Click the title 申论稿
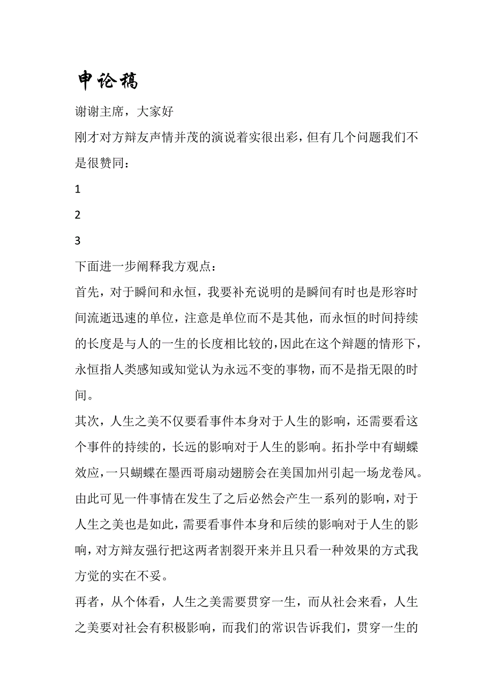[108, 80]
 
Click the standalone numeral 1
[78, 189]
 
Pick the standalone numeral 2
[78, 215]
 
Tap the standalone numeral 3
[78, 241]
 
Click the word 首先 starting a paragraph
[86, 292]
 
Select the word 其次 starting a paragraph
[86, 422]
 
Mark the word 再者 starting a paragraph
[86, 603]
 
